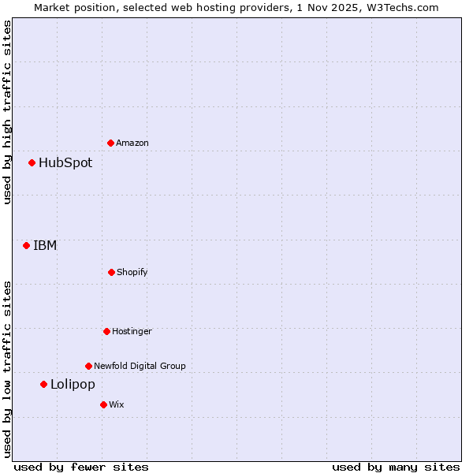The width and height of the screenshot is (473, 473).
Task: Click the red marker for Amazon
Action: tap(110, 143)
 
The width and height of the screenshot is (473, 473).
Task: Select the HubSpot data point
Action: tap(32, 163)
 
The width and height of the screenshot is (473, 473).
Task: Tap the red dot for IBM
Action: tap(26, 245)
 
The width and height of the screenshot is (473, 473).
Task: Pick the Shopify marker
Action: tap(111, 272)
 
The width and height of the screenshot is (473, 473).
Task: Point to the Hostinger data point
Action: tap(106, 331)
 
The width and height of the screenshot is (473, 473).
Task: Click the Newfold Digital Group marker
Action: tap(88, 366)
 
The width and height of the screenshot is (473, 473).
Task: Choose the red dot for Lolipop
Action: tap(43, 385)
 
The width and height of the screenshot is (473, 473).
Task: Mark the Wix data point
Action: tap(103, 404)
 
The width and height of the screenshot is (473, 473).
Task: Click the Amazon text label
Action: tap(132, 143)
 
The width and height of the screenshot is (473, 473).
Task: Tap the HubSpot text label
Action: tap(65, 163)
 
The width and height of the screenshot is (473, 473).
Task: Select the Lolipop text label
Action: tap(73, 385)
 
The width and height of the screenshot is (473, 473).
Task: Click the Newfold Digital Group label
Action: tap(140, 366)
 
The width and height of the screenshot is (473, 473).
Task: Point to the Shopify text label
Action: tap(132, 272)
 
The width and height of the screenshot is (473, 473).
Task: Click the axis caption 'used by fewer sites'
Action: tap(81, 467)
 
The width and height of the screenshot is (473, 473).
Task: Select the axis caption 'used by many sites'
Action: tap(396, 467)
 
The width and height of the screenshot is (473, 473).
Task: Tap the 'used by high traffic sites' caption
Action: tap(7, 112)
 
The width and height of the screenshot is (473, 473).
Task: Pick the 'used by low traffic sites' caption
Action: tap(7, 368)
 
